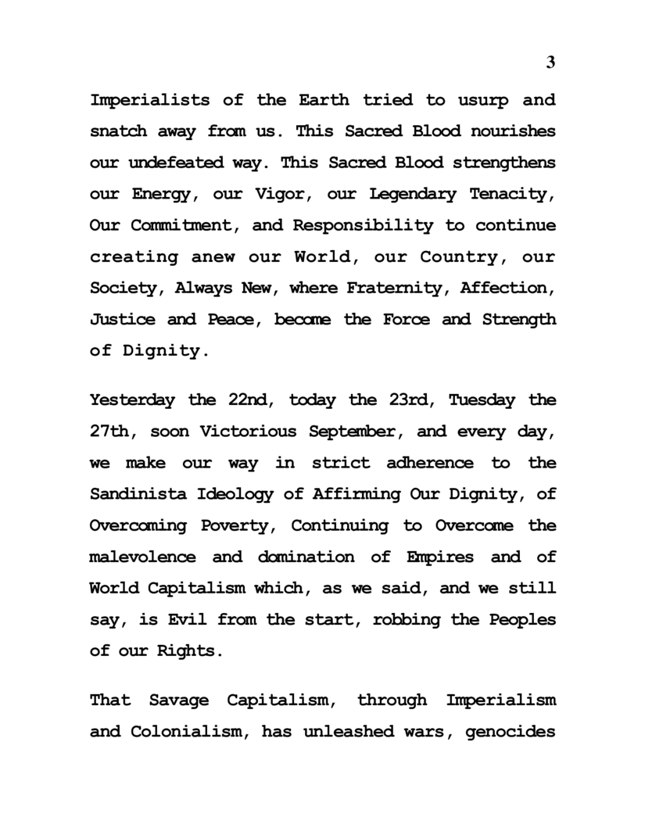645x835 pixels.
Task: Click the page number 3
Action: pyautogui.click(x=550, y=63)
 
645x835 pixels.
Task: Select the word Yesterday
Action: pyautogui.click(x=133, y=400)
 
